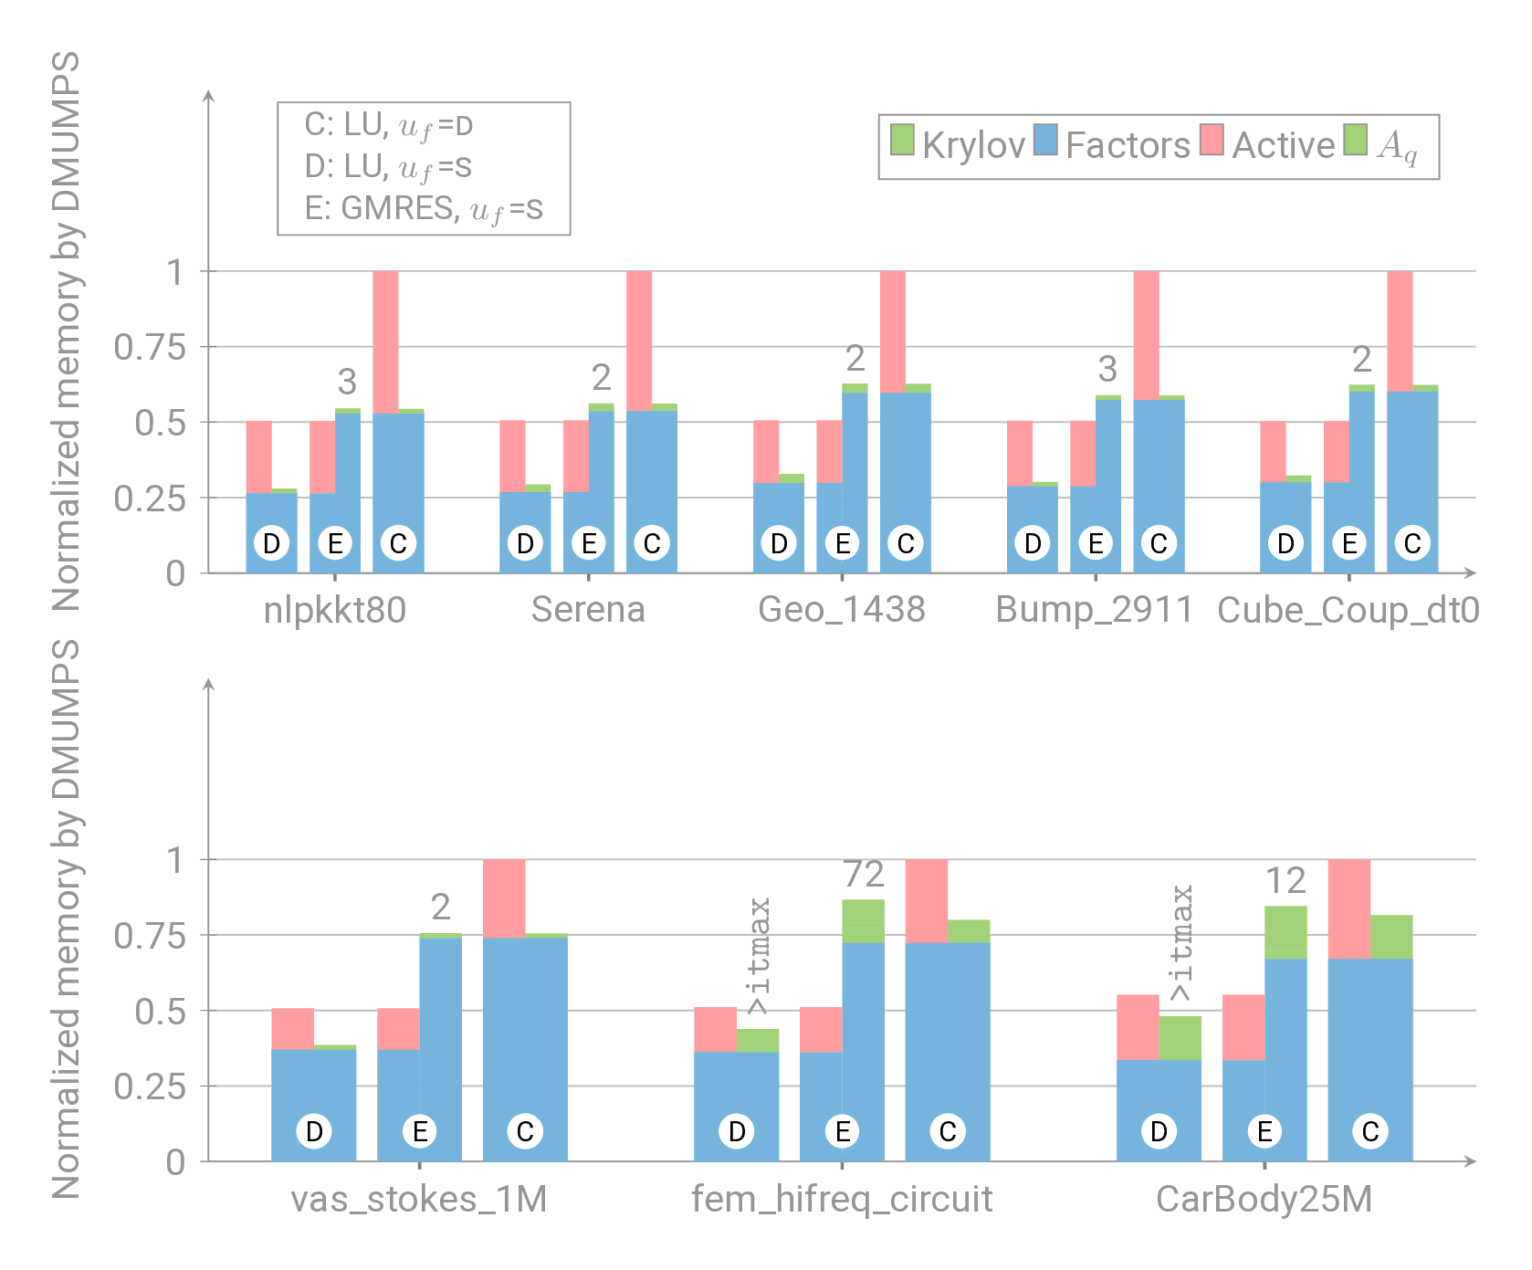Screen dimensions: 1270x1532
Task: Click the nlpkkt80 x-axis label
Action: coord(335,610)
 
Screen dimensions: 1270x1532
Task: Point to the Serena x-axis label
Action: coord(588,610)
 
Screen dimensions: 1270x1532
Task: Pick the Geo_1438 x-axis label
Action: coord(842,610)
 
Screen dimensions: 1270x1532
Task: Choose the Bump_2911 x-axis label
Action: coord(1095,610)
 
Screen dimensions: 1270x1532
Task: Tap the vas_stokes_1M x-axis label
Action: coord(419,1199)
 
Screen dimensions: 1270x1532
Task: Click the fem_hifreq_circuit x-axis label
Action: coord(842,1199)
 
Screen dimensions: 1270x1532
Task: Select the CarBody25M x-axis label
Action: coord(1264,1199)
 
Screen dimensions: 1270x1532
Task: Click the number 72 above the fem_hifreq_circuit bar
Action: coord(864,875)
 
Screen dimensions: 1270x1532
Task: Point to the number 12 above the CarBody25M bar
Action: coord(1285,881)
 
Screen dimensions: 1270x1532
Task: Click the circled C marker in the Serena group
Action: coord(652,544)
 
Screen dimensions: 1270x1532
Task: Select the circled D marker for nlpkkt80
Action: coord(271,544)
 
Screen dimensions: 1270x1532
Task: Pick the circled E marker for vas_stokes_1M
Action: coord(420,1132)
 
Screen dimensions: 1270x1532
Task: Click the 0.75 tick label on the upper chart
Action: coord(150,348)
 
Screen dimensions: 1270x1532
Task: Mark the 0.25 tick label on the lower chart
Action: coord(150,1086)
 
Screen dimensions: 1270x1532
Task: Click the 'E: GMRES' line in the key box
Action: coord(424,209)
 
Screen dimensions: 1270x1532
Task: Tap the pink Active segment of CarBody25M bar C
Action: coord(1349,908)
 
